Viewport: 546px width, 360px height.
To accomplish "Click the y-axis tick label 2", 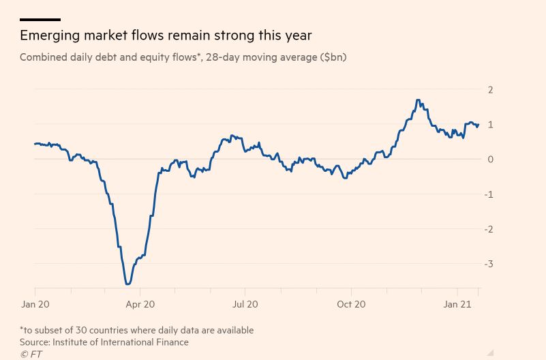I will tap(490, 90).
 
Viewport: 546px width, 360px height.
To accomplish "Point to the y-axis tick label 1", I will tap(490, 125).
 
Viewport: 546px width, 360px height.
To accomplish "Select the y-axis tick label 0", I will tap(490, 160).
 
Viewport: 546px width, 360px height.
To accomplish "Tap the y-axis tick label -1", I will tap(489, 194).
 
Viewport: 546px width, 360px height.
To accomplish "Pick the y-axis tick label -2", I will tap(489, 229).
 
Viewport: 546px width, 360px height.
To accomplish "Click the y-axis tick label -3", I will tap(489, 264).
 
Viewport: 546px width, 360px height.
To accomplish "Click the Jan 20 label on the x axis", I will tap(35, 305).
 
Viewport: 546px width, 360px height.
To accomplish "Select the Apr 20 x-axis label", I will tap(140, 305).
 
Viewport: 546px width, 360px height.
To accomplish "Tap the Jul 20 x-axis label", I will tap(245, 305).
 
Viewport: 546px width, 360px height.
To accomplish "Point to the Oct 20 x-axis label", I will tap(351, 305).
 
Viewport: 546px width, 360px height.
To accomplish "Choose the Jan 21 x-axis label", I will tap(457, 305).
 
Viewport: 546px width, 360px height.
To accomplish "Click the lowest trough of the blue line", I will tap(127, 284).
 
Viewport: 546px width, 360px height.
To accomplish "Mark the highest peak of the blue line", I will tap(417, 100).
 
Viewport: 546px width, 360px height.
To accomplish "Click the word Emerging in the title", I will tap(50, 35).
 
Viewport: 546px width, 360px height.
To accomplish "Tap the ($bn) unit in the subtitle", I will tap(333, 57).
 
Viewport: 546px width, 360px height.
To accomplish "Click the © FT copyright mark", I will tap(31, 354).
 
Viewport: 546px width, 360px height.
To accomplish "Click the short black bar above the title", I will tap(40, 20).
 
